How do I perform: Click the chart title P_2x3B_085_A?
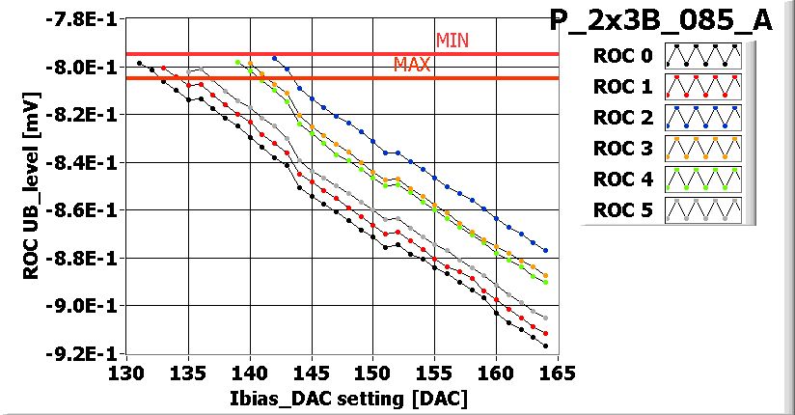(x=661, y=21)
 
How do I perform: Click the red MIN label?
(x=452, y=41)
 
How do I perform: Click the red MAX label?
(x=412, y=65)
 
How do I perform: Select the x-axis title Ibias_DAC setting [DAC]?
(x=343, y=397)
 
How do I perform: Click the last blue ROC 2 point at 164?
(x=545, y=250)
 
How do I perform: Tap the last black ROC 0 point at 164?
(x=545, y=346)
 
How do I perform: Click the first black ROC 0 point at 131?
(x=140, y=63)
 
